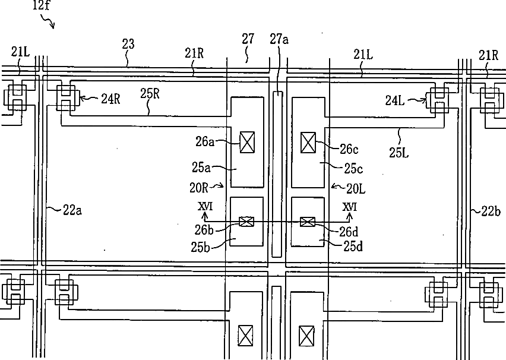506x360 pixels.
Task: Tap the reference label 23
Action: (x=128, y=44)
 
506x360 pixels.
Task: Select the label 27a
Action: (x=279, y=40)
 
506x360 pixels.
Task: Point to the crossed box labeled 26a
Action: (x=246, y=142)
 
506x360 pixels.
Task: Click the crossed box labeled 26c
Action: (x=308, y=142)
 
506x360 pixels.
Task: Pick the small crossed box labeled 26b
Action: (x=246, y=222)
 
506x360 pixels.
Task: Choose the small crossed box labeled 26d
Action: (x=307, y=222)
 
